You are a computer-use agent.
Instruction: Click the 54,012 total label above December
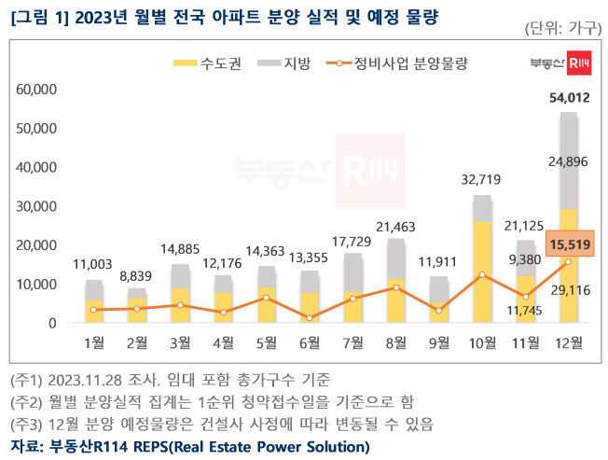[568, 97]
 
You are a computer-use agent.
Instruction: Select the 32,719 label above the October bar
[481, 180]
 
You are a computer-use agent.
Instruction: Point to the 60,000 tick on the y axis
[37, 90]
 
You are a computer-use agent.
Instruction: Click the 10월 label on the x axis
[481, 343]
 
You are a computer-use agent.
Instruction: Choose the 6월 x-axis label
[310, 343]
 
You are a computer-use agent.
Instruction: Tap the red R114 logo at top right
[579, 63]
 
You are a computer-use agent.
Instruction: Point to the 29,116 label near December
[568, 290]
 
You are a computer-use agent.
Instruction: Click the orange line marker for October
[481, 274]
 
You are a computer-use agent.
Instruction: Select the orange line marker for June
[310, 318]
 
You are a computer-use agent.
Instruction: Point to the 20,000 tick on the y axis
[37, 245]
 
